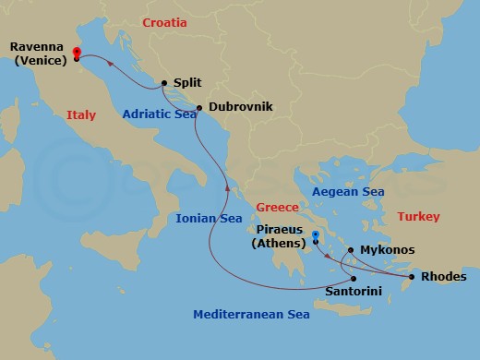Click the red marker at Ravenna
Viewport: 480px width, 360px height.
point(76,53)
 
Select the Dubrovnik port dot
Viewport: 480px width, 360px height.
point(199,107)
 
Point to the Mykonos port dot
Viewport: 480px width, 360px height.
point(351,250)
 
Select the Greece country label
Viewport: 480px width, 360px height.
point(277,207)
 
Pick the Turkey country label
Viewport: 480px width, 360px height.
point(418,217)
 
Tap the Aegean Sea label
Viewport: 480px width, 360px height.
point(348,192)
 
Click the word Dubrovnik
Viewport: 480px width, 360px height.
point(241,107)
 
